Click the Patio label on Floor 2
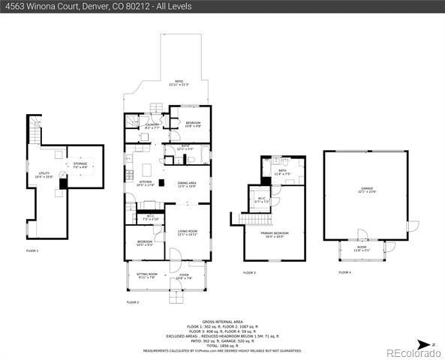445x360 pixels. [179, 82]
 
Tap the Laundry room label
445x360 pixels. [152, 125]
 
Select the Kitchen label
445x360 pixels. [146, 182]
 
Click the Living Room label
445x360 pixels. [187, 232]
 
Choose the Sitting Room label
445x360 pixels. [147, 275]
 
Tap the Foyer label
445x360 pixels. [184, 276]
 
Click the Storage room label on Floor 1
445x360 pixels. [80, 164]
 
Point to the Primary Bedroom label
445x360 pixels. [273, 234]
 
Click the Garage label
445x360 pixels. [366, 189]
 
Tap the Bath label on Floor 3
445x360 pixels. [283, 172]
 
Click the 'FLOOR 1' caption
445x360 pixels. [32, 250]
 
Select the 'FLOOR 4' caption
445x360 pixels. [344, 272]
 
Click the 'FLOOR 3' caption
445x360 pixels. [249, 272]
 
